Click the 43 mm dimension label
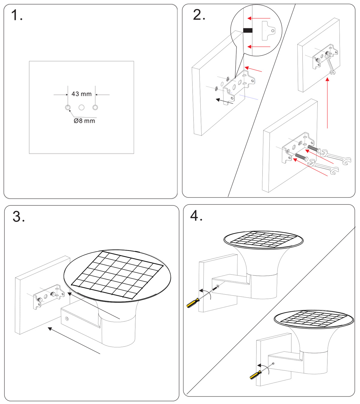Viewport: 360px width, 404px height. (81, 94)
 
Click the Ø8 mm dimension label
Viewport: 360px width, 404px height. (84, 121)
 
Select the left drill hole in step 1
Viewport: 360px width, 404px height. (68, 107)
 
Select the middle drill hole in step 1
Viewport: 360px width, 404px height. (81, 107)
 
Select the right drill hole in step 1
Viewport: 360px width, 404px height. (95, 107)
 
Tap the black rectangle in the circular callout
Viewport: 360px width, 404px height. (247, 30)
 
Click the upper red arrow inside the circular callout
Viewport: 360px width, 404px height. (259, 18)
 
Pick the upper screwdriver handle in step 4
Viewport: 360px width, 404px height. (192, 303)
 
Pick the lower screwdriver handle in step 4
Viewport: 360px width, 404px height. (255, 375)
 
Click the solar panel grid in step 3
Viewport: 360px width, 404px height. (117, 275)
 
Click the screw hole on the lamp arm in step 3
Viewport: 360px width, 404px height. (67, 319)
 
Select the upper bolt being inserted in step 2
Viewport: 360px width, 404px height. (313, 149)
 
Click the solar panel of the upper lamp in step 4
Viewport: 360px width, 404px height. (263, 240)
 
